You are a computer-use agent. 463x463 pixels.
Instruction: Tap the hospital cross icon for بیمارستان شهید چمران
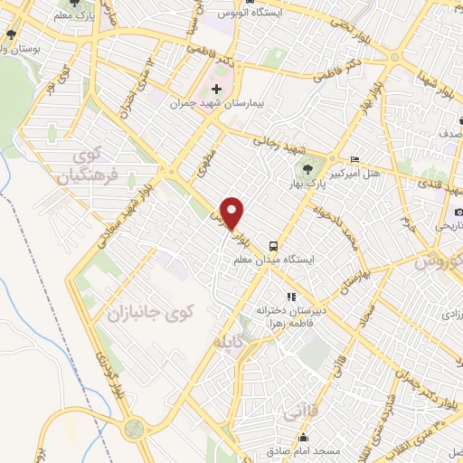(x=216, y=89)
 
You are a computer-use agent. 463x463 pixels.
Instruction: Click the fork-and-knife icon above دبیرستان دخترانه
(x=291, y=296)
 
